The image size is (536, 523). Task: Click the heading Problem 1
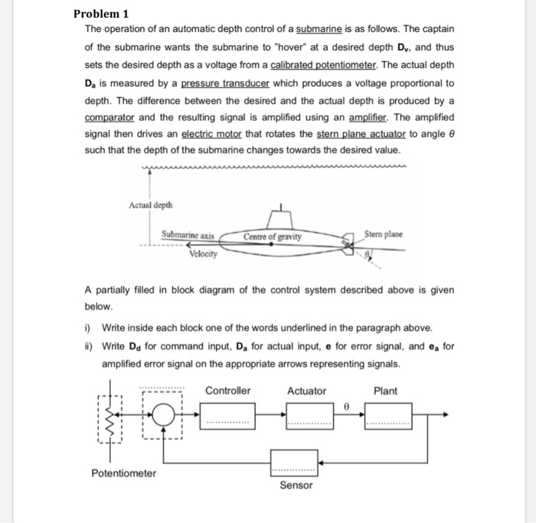pyautogui.click(x=101, y=13)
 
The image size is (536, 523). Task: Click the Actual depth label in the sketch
pyautogui.click(x=152, y=205)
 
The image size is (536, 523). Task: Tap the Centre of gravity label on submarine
pyautogui.click(x=273, y=236)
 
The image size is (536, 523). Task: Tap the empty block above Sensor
pyautogui.click(x=293, y=462)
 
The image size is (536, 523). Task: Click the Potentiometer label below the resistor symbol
pyautogui.click(x=123, y=473)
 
